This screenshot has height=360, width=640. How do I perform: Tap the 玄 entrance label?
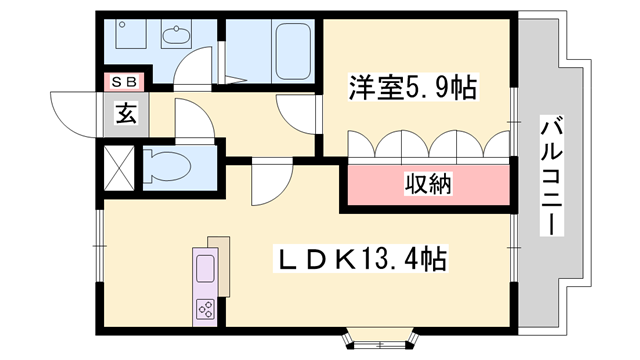point(125,114)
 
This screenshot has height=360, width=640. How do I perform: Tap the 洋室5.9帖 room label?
point(412,88)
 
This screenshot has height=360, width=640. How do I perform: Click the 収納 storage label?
point(428,183)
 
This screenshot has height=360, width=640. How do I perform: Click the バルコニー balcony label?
point(550,176)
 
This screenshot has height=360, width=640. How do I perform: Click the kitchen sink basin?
point(206,271)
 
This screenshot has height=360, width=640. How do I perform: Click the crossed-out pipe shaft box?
point(119,167)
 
